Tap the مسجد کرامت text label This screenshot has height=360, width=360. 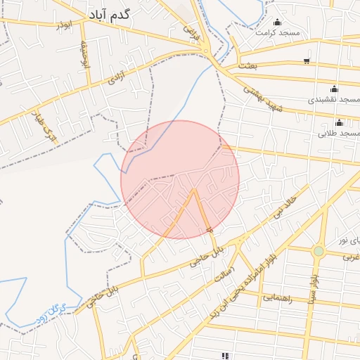[277, 33]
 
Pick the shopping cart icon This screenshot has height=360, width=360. [307, 60]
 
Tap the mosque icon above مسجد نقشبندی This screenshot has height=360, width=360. [333, 89]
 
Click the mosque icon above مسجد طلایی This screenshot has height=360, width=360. [339, 122]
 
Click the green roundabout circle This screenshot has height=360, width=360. [319, 250]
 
